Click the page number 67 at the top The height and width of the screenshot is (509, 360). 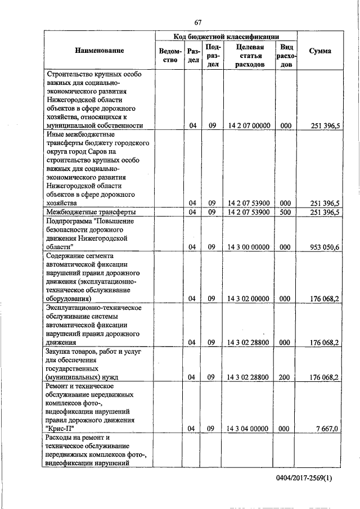click(197, 22)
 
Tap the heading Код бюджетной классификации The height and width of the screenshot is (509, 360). click(227, 36)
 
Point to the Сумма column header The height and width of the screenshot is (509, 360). click(320, 51)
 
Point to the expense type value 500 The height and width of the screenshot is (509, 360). click(286, 212)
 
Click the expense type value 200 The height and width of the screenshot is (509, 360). click(286, 377)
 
